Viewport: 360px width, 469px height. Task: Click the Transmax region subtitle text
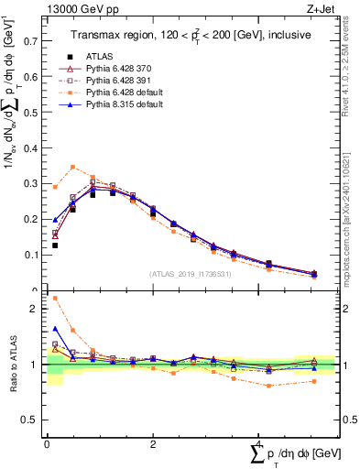[x=189, y=35]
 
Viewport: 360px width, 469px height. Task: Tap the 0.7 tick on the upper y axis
[x=30, y=41]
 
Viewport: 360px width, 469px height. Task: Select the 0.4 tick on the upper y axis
[x=30, y=148]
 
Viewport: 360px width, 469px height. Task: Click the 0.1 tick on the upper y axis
[x=30, y=256]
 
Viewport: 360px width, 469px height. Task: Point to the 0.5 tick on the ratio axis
[x=30, y=420]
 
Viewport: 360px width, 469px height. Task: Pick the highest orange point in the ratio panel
[x=55, y=298]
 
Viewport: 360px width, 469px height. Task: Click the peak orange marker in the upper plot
[x=73, y=167]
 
